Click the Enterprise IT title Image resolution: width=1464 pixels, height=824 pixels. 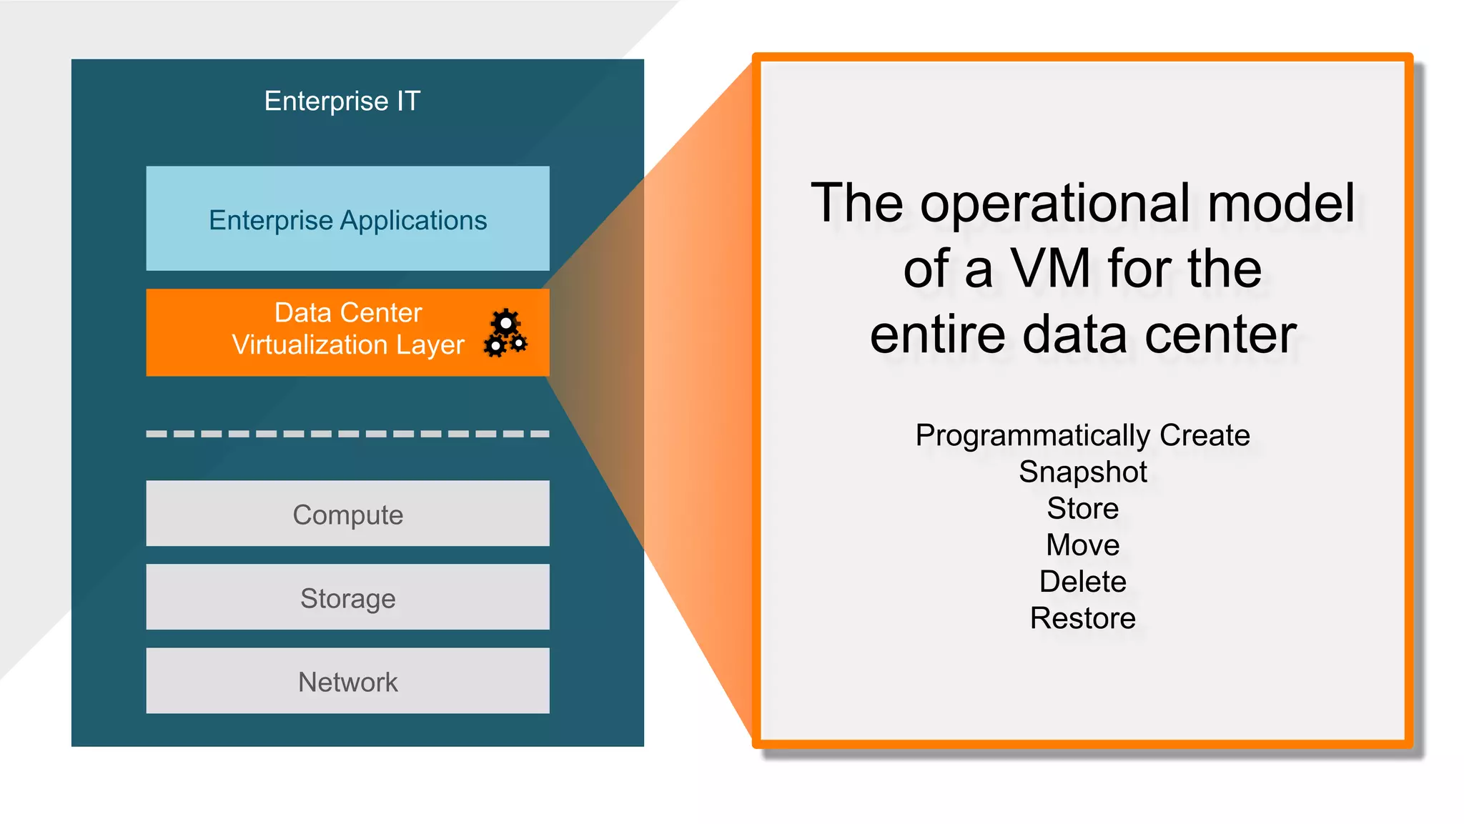342,101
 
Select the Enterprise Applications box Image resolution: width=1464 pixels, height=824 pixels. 347,219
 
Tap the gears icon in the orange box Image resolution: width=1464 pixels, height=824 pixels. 505,333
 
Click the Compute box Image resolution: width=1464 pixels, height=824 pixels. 347,514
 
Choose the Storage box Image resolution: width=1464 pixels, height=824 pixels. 347,597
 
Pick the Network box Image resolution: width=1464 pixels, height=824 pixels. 347,681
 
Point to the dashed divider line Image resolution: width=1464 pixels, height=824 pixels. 347,434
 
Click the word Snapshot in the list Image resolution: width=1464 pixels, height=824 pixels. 1082,472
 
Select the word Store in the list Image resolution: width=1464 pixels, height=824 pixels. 1082,508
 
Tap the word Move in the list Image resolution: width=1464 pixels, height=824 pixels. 1082,545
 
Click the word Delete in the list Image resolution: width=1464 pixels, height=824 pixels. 1082,581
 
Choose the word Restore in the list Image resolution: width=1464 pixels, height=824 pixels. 1082,617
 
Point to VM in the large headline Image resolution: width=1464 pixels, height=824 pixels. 1050,269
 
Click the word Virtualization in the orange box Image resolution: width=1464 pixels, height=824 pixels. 309,344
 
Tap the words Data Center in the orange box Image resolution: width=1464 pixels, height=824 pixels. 348,312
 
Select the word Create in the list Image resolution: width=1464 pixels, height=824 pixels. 1205,435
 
